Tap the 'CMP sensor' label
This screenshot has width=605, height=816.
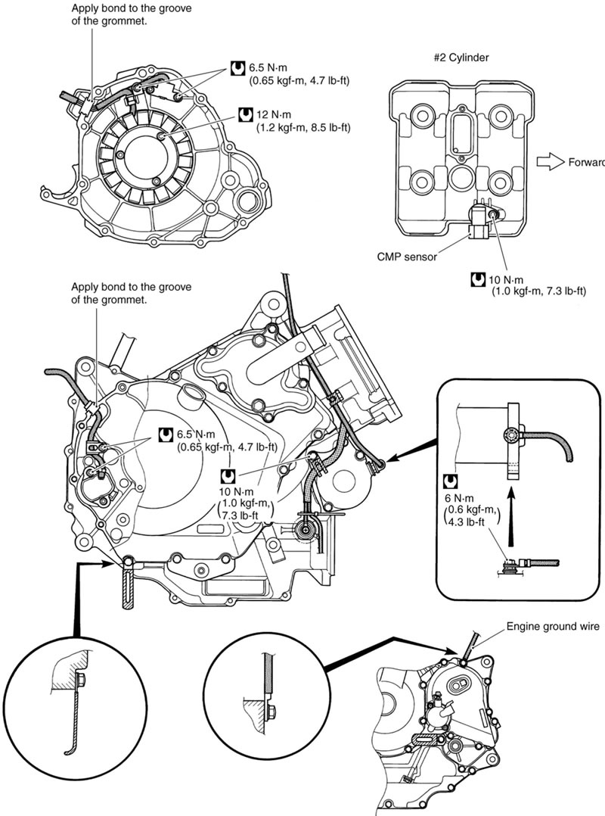click(x=406, y=257)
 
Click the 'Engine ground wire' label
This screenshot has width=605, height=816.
click(x=552, y=627)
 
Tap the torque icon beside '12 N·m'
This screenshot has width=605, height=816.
click(x=244, y=115)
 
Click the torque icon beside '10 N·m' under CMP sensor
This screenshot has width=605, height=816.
click(x=477, y=279)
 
